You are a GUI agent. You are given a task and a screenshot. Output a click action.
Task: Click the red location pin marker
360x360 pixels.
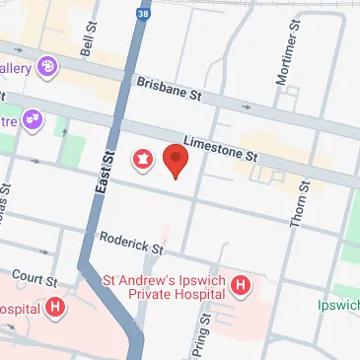click(176, 159)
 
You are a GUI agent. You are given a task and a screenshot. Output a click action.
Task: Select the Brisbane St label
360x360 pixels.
click(169, 90)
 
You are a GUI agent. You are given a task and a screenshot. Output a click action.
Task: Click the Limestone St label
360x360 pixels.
click(220, 148)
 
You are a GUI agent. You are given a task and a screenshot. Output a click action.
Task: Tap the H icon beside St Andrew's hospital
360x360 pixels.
click(241, 287)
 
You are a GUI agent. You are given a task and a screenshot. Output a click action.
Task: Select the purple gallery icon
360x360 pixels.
click(47, 67)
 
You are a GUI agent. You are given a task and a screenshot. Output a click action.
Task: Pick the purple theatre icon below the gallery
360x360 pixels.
click(33, 119)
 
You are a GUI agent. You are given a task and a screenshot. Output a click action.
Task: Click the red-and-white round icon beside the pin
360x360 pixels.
click(140, 159)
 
